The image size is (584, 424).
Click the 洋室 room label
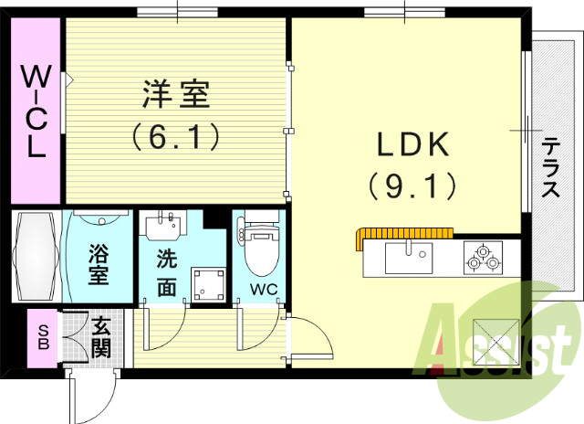pos(176,94)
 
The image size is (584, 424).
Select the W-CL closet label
pos(35,111)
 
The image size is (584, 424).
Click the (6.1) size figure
pos(176,137)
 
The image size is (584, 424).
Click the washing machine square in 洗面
pos(207,284)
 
